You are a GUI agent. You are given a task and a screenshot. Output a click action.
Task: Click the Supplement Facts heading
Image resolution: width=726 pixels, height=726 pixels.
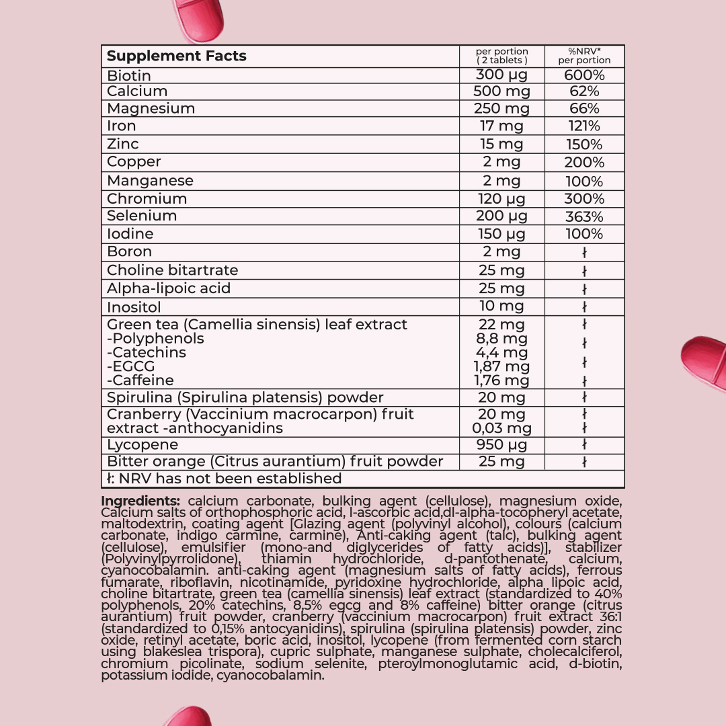pos(177,56)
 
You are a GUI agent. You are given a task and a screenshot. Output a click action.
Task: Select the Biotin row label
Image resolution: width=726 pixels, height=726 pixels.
pos(129,75)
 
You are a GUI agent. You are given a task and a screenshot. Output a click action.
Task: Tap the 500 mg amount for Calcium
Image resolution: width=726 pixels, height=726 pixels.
pos(501,92)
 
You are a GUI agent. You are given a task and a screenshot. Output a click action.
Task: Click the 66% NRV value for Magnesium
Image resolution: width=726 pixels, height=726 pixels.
pos(584,109)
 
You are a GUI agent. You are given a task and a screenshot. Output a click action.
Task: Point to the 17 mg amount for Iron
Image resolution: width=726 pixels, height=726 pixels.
pos(501,126)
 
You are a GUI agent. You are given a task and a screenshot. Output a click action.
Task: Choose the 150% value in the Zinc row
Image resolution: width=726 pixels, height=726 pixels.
pos(584,145)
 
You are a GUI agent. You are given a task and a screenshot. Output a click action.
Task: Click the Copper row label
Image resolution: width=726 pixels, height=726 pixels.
pos(134,162)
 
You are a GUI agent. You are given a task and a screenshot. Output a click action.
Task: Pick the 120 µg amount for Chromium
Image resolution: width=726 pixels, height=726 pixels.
pos(501,199)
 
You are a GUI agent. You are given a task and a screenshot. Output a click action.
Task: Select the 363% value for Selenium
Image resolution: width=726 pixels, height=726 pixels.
pos(584,216)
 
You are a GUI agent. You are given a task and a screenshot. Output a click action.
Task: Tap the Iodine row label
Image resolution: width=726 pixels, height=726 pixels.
pos(130,234)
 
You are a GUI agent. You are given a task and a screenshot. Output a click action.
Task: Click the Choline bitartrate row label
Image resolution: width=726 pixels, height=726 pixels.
pos(173,270)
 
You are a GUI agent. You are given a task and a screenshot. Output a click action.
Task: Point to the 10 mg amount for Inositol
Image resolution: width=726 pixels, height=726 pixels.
pos(501,307)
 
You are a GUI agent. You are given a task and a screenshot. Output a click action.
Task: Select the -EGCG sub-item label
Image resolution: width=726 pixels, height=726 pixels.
pos(131,366)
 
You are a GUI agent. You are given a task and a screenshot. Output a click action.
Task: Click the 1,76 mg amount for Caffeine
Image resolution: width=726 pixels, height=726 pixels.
pos(501,380)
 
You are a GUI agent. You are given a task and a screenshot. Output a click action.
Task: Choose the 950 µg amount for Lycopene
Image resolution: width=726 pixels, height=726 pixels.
pos(501,445)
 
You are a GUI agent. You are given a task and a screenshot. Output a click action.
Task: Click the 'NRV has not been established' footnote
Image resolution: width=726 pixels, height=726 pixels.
pos(225,479)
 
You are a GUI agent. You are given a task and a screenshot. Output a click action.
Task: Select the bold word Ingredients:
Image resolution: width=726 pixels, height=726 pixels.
pos(140,501)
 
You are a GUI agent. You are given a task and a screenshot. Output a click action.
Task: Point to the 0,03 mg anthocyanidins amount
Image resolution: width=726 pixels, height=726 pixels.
pos(501,428)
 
